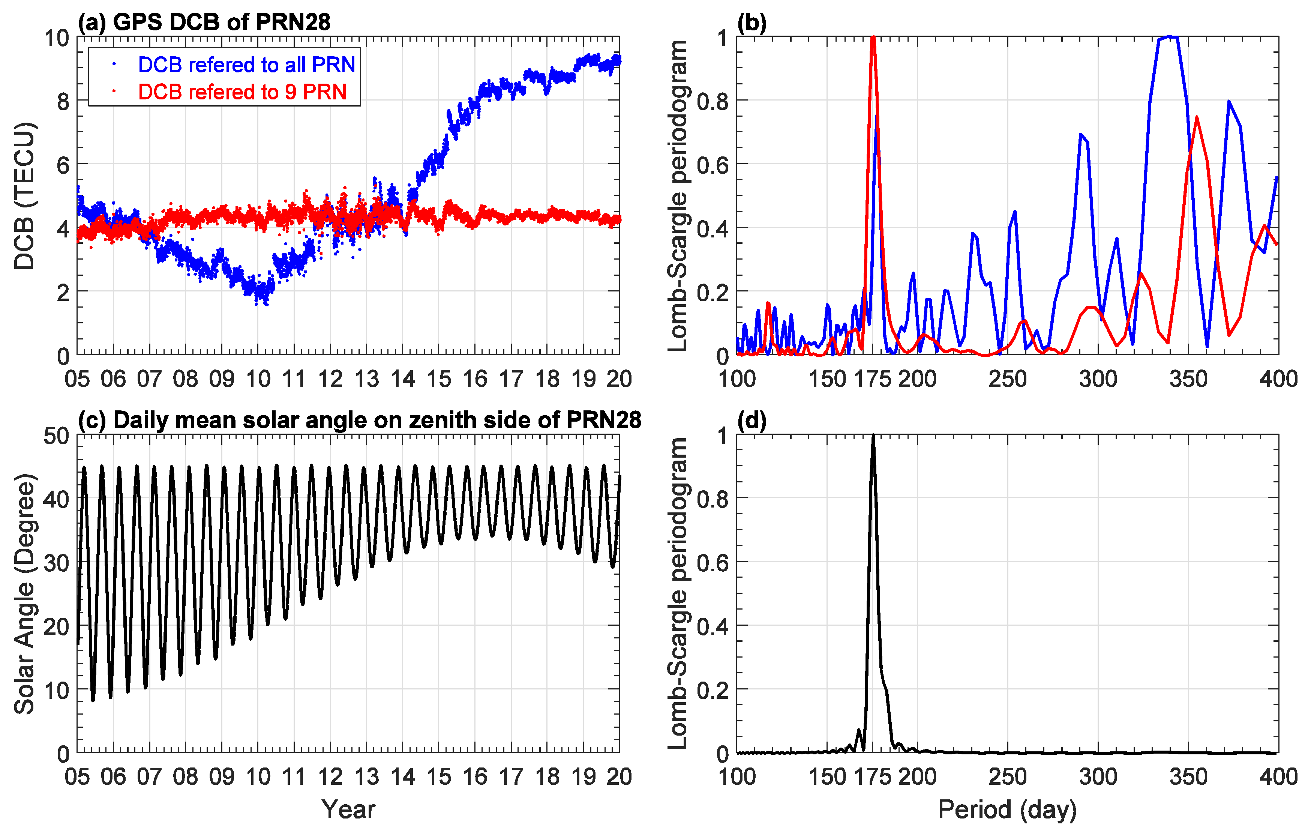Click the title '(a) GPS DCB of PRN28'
(204, 22)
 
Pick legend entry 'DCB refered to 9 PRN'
(242, 92)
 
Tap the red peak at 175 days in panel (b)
(873, 38)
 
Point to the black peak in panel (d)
(873, 436)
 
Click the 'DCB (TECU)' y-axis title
(24, 196)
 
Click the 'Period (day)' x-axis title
(1007, 809)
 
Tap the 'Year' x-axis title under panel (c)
(348, 809)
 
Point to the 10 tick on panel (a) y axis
(56, 38)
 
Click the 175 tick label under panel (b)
(873, 379)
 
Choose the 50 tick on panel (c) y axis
(56, 436)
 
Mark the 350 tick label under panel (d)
(1188, 777)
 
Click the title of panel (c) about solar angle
(359, 420)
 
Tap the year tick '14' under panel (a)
(403, 379)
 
